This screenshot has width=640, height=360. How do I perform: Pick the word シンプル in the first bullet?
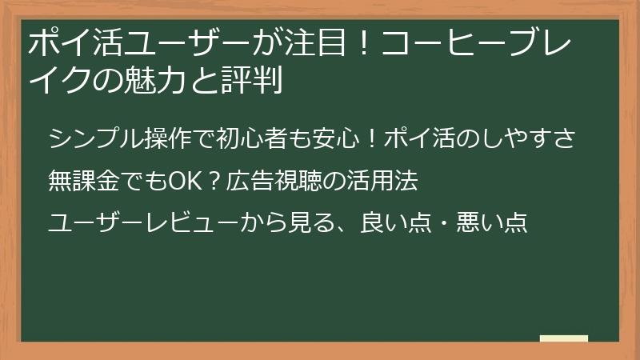90,139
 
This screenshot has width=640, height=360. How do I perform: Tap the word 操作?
157,139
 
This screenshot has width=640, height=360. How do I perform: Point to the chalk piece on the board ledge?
564,338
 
